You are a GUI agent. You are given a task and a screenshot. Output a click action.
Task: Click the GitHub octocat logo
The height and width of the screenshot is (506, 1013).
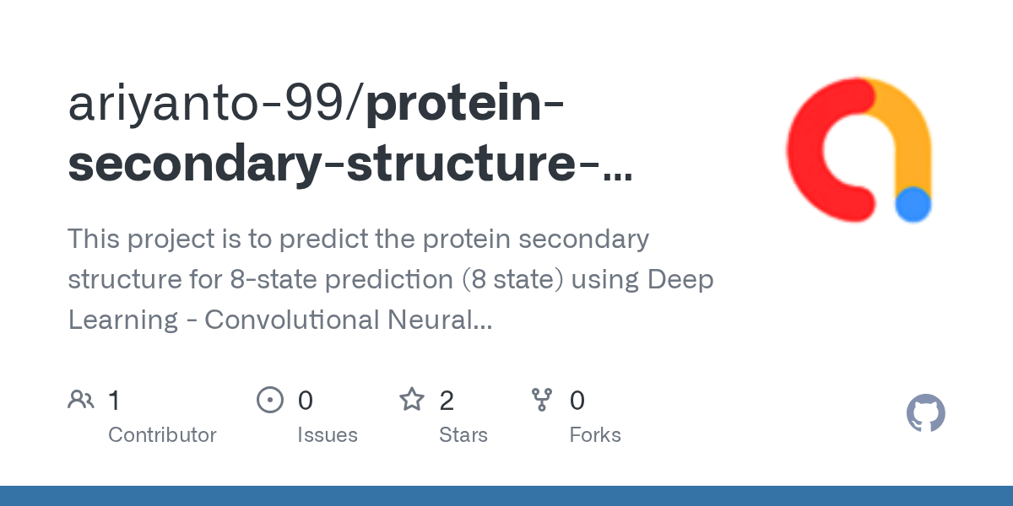pos(925,414)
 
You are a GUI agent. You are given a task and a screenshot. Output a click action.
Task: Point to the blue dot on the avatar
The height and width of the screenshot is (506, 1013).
pos(913,204)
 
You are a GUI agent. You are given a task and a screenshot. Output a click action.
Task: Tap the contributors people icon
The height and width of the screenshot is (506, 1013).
pos(81,400)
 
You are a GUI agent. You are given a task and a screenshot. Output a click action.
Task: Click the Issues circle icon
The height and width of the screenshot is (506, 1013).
pos(269,400)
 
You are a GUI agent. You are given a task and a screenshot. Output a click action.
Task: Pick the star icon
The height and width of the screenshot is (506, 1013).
pos(411,400)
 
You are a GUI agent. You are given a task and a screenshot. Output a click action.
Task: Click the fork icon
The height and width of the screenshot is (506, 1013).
pos(541,400)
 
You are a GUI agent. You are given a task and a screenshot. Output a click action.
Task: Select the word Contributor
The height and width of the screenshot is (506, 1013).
pos(162,435)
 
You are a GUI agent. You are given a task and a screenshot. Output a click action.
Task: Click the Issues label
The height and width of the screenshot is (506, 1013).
pos(327,435)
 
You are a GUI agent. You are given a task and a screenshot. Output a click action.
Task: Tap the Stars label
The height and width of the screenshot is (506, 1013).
pos(463,435)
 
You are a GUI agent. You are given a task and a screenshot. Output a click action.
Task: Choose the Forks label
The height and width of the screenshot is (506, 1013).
pos(594,435)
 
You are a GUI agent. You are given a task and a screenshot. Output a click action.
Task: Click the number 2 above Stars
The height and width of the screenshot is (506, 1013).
pos(447,401)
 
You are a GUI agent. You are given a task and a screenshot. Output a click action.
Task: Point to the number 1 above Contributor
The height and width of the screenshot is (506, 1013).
pos(115,401)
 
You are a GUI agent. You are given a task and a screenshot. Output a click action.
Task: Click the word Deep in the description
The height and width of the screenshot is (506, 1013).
pos(680,279)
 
